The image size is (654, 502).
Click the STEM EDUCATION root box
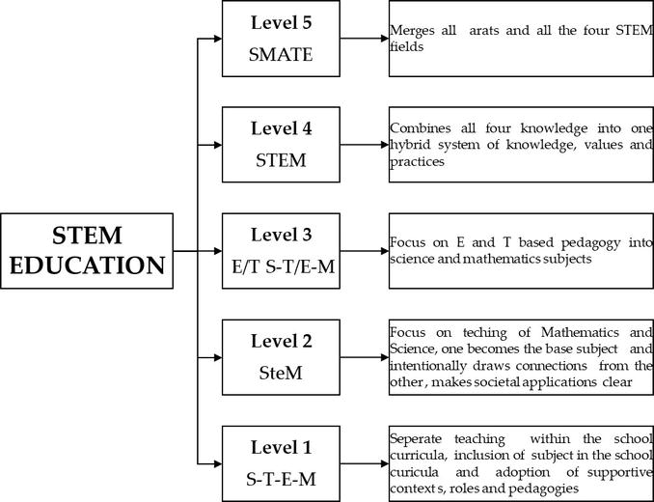click(x=88, y=251)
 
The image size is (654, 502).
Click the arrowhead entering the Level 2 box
click(x=217, y=356)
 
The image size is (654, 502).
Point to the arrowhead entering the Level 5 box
click(x=217, y=40)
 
